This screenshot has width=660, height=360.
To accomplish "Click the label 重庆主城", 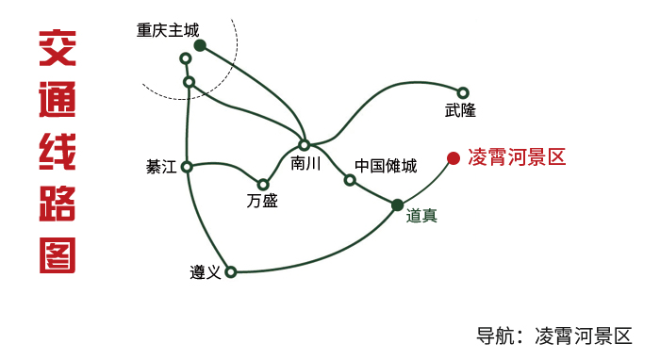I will point(168,30).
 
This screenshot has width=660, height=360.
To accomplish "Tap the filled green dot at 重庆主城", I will point(200,45).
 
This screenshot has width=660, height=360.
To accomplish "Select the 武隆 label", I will point(460,110).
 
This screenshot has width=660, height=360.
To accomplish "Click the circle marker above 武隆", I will point(463,92).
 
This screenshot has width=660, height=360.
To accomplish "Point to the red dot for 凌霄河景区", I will point(454,158).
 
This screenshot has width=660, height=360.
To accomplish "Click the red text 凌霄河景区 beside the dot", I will point(517,157).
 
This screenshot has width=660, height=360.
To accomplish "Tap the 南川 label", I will point(306,163).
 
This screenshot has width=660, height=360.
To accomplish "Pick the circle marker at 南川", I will point(304,145).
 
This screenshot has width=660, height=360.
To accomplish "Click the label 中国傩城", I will point(386,166).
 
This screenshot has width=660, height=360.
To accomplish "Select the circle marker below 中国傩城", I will point(350,180).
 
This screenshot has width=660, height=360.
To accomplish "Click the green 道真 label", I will point(421,215).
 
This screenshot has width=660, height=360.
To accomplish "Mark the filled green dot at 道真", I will point(397,205).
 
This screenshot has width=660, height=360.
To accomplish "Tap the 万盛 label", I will point(262,201).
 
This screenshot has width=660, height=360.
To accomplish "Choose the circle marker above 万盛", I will point(263,185).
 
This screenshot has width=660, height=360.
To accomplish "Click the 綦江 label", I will point(161,167).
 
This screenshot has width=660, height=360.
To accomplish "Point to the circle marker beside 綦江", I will point(187,167).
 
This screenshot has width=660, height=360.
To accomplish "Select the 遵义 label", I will point(205,272).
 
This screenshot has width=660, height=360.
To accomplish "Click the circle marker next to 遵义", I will point(230,272).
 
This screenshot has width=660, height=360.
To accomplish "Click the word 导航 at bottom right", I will point(496,335).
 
